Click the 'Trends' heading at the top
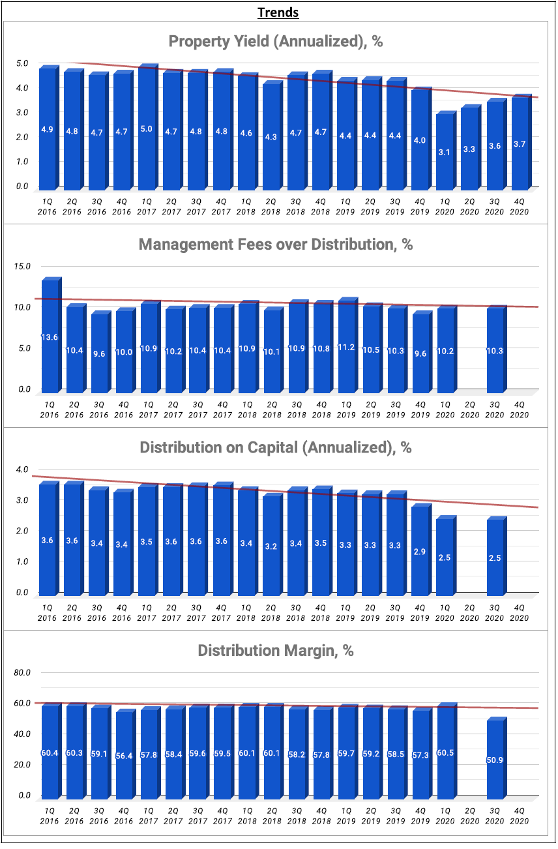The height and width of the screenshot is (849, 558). (278, 12)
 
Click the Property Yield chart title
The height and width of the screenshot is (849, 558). (275, 42)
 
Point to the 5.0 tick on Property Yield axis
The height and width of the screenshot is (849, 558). (22, 63)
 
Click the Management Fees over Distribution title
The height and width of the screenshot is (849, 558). (276, 245)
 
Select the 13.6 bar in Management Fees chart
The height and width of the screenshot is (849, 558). (50, 336)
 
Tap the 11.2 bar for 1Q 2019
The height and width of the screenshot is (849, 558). (346, 346)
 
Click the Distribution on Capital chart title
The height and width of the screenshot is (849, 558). (276, 448)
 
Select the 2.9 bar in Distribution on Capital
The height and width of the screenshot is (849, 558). (419, 551)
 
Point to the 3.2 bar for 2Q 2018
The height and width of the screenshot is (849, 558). (272, 546)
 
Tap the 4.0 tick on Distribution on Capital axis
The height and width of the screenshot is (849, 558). (22, 469)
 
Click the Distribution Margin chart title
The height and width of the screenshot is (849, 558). (276, 651)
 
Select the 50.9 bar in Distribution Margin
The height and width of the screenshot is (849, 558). (495, 759)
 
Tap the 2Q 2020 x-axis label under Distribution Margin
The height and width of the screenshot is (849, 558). (470, 815)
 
